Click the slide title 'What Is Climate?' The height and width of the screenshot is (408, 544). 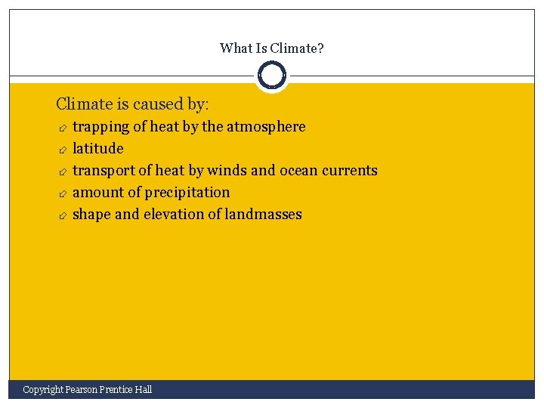(272, 48)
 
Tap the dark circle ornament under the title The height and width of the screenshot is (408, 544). (272, 76)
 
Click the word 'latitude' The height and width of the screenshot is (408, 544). (97, 149)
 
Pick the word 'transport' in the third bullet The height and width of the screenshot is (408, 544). (102, 171)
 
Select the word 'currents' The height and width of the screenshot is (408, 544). (351, 171)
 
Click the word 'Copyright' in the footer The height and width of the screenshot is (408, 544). (42, 390)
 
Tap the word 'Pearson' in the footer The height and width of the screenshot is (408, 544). (82, 390)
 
